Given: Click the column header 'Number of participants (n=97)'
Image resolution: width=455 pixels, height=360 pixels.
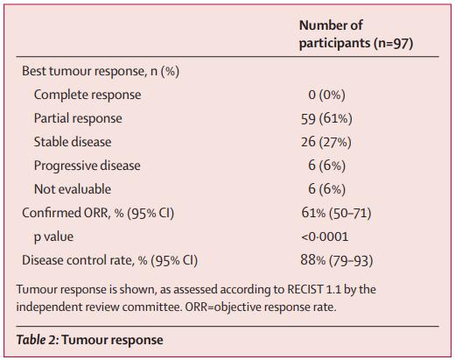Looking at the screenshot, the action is [x=356, y=34].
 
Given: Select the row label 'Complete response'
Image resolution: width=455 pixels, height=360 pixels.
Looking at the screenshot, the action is [x=87, y=95].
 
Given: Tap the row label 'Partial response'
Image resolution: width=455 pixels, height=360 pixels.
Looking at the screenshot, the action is [x=78, y=118].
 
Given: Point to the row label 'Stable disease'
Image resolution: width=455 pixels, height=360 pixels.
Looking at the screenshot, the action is [x=73, y=142].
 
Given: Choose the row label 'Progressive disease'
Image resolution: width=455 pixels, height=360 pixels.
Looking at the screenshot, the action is [x=87, y=166].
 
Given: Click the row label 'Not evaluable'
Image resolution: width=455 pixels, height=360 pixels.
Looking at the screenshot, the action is [x=73, y=189].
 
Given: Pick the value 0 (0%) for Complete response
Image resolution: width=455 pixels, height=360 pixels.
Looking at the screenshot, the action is [x=326, y=95].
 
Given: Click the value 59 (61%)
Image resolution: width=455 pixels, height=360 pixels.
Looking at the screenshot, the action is [x=326, y=118].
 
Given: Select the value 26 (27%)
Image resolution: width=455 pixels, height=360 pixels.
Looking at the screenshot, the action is [x=326, y=142].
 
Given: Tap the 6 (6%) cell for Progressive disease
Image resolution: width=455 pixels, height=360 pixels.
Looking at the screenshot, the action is [x=327, y=166].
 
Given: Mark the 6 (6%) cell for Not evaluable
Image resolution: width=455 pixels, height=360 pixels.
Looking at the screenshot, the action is [x=327, y=189].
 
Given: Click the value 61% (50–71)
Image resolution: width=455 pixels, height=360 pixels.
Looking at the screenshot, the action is [x=337, y=213].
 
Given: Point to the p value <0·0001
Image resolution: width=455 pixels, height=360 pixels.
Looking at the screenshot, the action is [x=325, y=236].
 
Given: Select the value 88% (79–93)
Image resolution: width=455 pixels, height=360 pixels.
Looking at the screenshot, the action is [x=337, y=260].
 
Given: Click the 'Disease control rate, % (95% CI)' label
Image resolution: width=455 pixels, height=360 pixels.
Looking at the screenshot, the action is [x=110, y=260].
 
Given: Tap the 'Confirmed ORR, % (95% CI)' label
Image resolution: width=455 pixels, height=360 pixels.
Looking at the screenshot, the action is [x=98, y=213].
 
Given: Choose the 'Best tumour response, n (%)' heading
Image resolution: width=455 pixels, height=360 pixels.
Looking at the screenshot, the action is [x=101, y=71].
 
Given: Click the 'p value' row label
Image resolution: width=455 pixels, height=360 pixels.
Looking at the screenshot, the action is [x=53, y=236].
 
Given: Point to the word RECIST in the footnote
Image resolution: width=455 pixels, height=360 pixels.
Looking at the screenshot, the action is [x=305, y=289].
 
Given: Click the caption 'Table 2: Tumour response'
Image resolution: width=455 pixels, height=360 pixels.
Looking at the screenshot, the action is [x=90, y=340].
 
